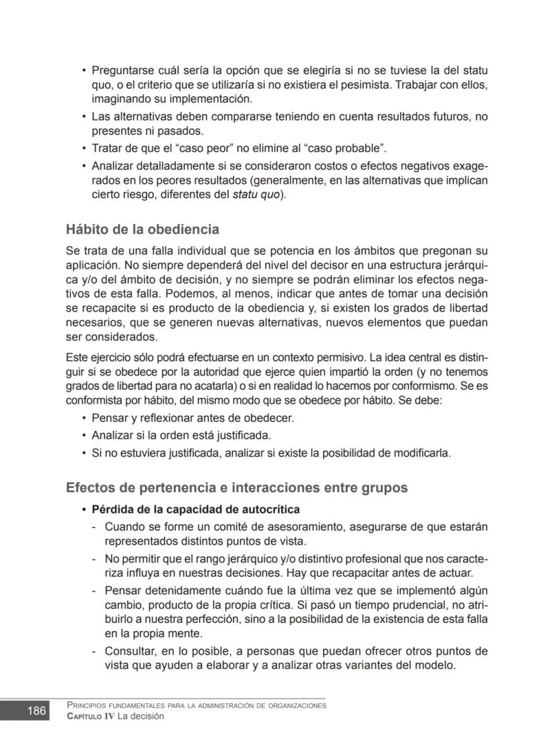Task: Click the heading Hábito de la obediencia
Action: [143, 229]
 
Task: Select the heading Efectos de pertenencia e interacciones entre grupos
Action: [236, 487]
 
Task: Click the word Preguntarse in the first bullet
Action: [121, 70]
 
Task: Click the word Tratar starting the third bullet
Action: [107, 148]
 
